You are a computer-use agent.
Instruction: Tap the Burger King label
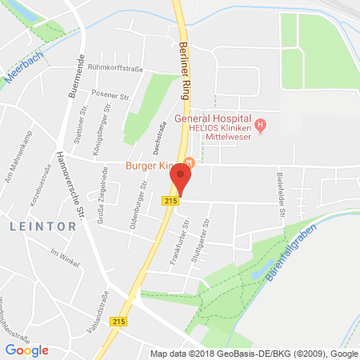151,166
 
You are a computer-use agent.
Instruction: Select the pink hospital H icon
260,125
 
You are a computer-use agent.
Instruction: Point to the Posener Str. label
114,95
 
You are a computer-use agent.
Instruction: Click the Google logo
26,350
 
